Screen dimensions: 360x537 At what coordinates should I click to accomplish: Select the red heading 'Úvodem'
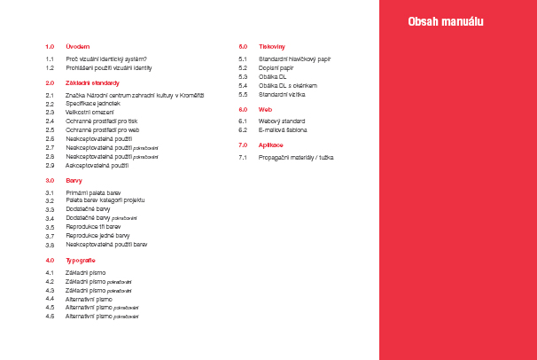point(78,45)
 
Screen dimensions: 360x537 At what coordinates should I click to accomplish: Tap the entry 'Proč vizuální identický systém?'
point(106,59)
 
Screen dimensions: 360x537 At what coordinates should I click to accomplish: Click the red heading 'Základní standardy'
point(92,82)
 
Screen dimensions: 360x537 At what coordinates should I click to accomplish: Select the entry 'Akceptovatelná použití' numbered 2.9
point(97,166)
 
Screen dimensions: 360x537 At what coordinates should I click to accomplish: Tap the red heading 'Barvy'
point(74,180)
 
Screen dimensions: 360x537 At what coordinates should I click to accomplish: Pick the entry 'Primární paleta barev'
point(94,193)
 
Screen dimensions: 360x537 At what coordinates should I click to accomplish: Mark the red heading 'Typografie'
point(81,260)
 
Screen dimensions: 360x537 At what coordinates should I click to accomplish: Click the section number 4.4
point(51,299)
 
